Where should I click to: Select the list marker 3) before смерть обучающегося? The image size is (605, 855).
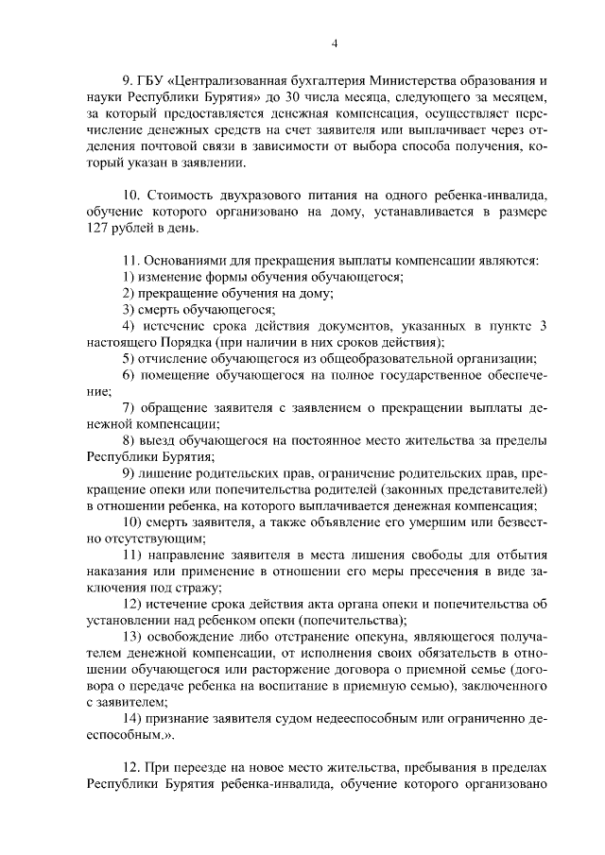[130, 310]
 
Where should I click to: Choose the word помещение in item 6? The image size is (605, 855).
[175, 375]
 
